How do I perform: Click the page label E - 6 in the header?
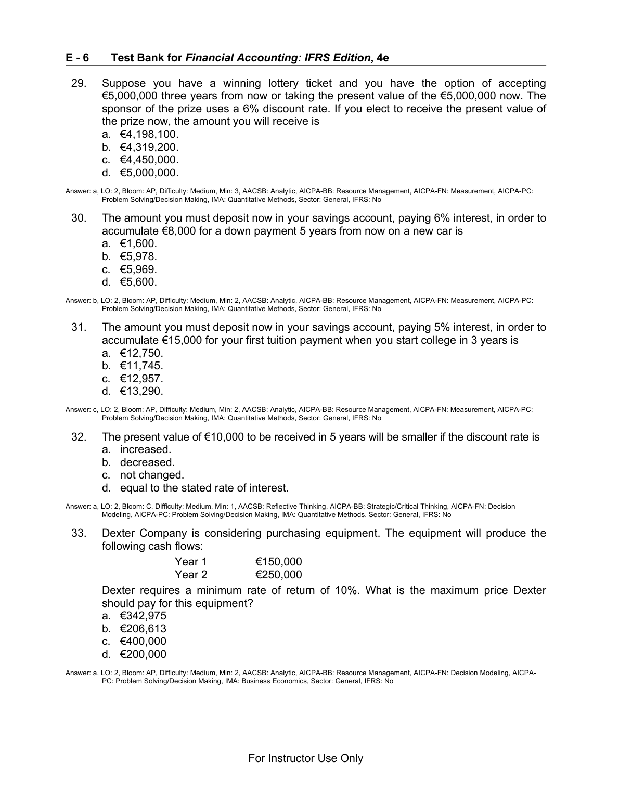[x=77, y=58]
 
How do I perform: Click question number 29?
[x=79, y=83]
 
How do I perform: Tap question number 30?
[x=79, y=218]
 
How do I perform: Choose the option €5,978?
[x=138, y=256]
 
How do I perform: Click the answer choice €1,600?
[x=138, y=243]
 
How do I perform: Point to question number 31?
[x=79, y=327]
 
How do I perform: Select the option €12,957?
[x=141, y=379]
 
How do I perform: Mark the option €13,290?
[x=141, y=391]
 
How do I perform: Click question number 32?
[x=79, y=437]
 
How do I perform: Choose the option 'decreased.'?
[x=147, y=462]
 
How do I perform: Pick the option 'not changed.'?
[x=152, y=475]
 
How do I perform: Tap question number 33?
[x=79, y=533]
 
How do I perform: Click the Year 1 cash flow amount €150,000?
[x=279, y=562]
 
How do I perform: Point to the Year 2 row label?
[x=191, y=575]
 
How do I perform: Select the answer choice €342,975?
[x=143, y=616]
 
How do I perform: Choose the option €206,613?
[x=143, y=629]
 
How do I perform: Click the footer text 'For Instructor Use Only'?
[x=306, y=758]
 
